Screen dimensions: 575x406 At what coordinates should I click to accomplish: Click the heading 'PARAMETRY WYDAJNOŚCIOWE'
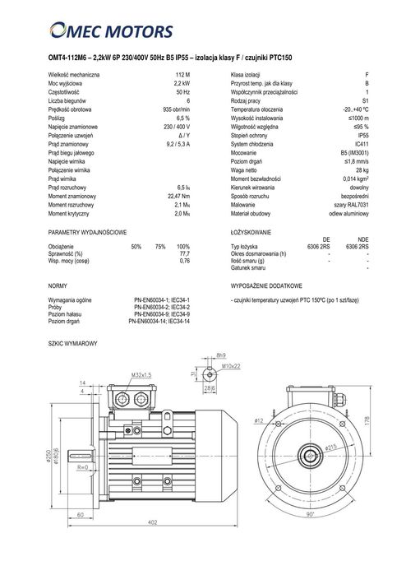[87, 233]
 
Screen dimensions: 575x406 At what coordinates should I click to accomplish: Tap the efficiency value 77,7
[184, 253]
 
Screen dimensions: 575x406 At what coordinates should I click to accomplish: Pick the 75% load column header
[159, 246]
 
